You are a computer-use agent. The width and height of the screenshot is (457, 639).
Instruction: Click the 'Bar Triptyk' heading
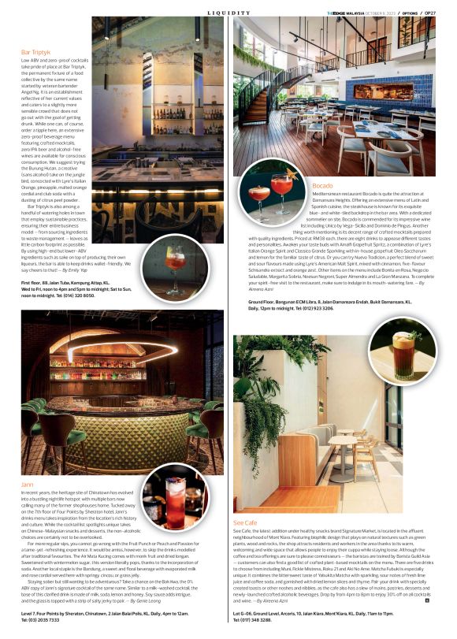(36, 52)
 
